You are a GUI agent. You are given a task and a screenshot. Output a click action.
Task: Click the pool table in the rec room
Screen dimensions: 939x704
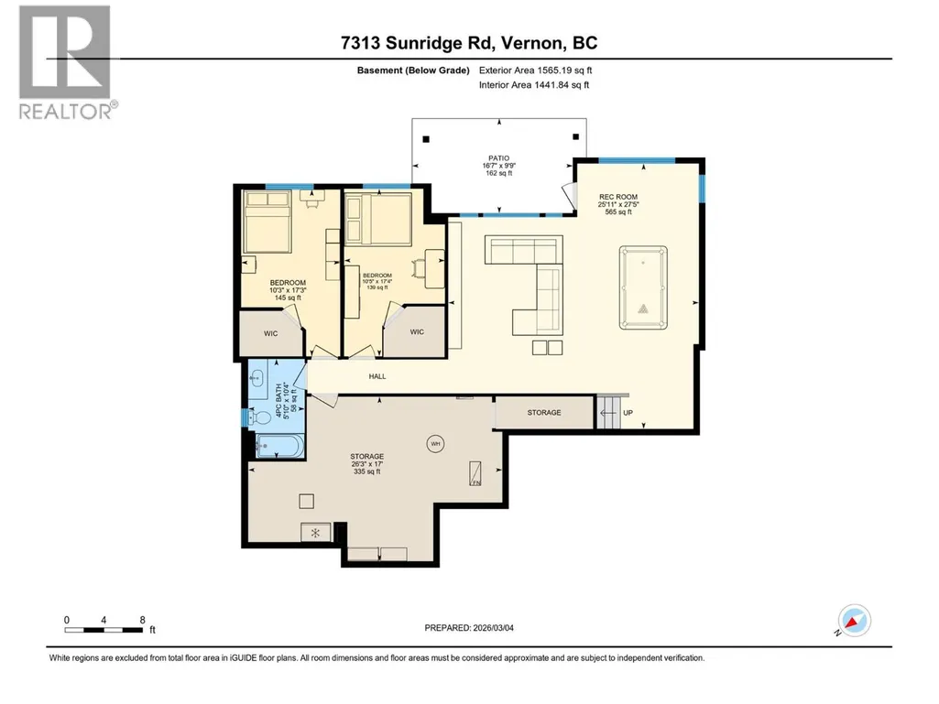(x=643, y=287)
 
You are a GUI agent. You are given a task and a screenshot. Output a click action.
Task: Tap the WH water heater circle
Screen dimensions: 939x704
(x=435, y=444)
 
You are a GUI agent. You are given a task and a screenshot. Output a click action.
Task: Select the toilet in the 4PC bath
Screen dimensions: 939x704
(x=261, y=417)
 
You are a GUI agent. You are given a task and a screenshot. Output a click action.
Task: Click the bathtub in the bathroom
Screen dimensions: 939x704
(x=279, y=446)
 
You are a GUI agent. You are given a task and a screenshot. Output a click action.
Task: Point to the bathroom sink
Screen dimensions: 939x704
(x=257, y=378)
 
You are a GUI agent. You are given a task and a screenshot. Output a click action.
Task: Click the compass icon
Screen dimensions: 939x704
(x=854, y=620)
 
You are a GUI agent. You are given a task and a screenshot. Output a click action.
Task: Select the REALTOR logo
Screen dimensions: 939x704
(x=65, y=62)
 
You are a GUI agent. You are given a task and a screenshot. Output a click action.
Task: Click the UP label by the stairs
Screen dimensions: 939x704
(x=628, y=413)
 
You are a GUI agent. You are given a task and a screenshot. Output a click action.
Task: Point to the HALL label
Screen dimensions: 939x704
(x=377, y=376)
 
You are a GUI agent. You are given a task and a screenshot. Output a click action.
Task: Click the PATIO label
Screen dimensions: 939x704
(x=499, y=158)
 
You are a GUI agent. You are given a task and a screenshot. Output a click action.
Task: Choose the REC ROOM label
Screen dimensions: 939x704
(x=618, y=197)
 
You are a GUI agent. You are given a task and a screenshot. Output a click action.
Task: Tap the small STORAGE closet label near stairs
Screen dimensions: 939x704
(x=544, y=413)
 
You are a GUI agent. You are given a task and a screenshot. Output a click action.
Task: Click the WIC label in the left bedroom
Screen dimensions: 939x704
(x=270, y=333)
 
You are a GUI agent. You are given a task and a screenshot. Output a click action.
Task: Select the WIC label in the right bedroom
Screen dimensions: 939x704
(x=417, y=331)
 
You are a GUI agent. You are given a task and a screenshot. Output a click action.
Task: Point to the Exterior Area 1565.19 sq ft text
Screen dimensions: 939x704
(x=535, y=70)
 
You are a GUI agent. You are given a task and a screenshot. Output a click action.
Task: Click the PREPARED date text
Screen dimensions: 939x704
(x=469, y=628)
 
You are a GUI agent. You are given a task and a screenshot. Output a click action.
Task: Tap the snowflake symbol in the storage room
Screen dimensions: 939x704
(x=315, y=533)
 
